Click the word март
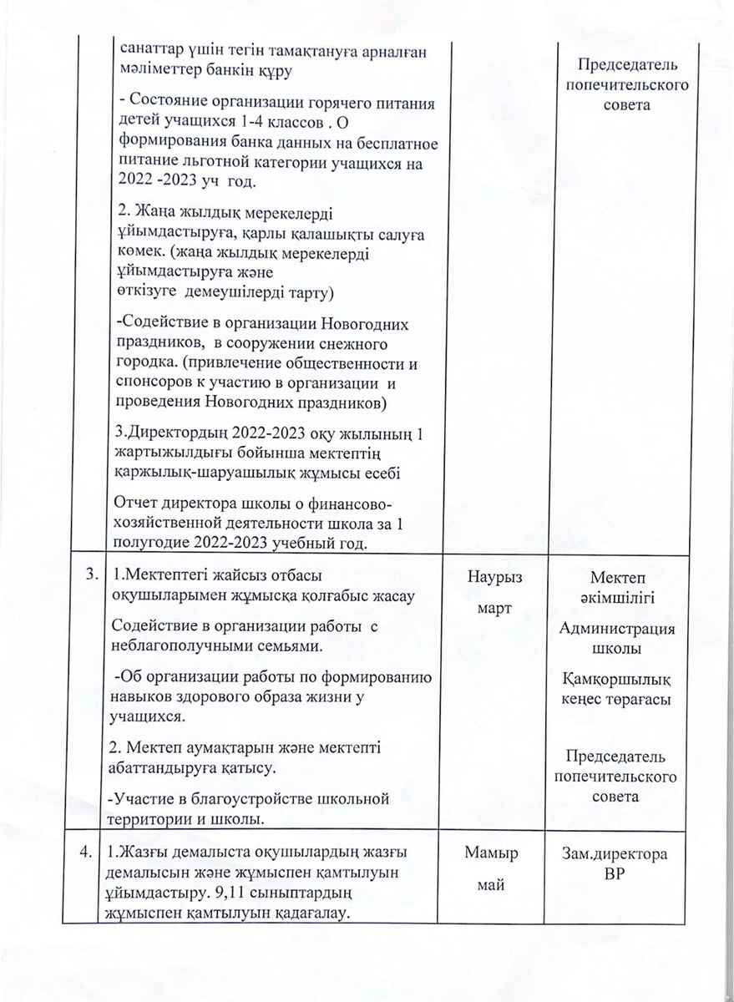494,610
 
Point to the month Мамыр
492,853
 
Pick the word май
492,885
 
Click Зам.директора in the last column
615,854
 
